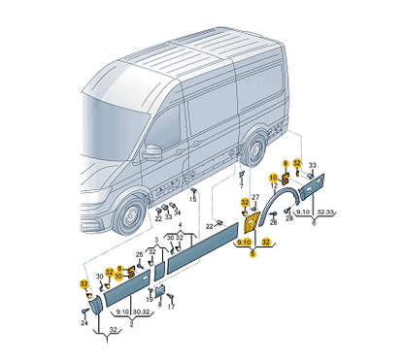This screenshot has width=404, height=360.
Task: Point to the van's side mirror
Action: (x=152, y=152)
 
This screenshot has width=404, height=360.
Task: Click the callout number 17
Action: (x=171, y=308)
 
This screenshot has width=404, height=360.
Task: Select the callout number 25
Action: (x=139, y=255)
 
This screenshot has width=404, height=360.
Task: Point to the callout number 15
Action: (x=192, y=198)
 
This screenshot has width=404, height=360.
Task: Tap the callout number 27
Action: (x=255, y=198)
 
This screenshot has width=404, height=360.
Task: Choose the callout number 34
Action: (x=177, y=211)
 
